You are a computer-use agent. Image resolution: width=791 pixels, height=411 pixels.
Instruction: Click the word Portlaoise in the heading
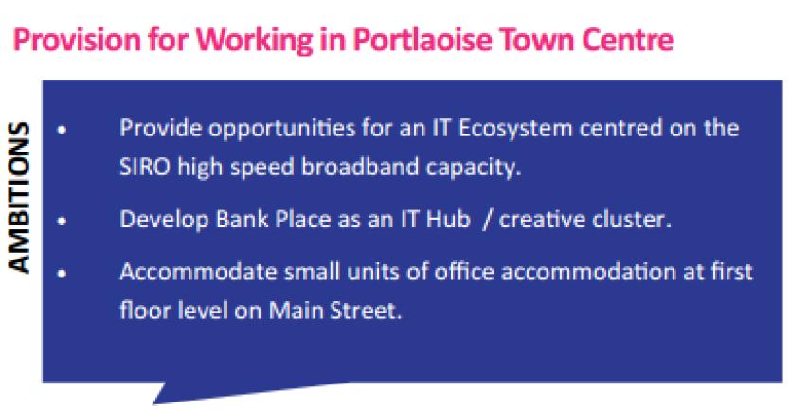[x=422, y=40]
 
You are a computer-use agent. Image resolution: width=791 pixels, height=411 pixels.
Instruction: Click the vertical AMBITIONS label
[x=19, y=198]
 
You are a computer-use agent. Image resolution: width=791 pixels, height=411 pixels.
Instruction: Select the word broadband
[x=360, y=167]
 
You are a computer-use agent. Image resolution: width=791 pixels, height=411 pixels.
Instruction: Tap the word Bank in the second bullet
[x=243, y=220]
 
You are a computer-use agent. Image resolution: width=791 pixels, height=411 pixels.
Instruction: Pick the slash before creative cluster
[x=487, y=221]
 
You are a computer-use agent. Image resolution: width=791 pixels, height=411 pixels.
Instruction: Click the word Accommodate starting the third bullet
[x=198, y=273]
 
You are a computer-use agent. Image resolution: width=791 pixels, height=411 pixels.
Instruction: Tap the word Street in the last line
[x=366, y=311]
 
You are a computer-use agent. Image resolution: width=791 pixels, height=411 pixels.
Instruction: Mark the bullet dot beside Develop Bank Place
[x=63, y=221]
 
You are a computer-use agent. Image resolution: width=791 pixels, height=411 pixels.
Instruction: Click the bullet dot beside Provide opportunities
[x=63, y=130]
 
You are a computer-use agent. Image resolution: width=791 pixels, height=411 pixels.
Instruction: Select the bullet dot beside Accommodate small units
[x=63, y=274]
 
